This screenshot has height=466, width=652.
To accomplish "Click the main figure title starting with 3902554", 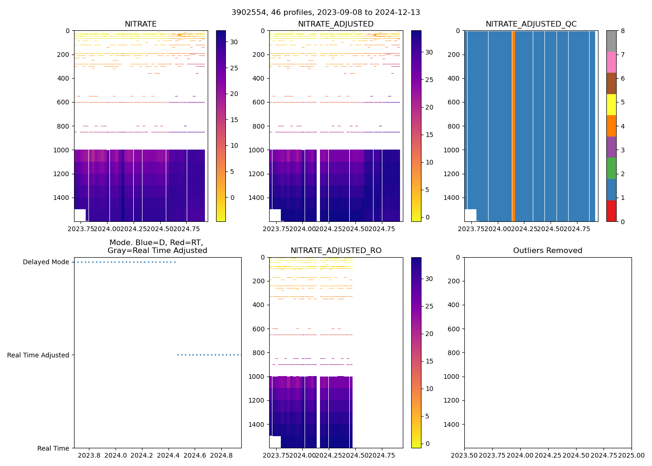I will click(x=326, y=12).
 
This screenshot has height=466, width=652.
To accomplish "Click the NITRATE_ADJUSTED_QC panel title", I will click(x=531, y=24).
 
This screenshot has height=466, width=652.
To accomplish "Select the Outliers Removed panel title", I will click(x=548, y=251).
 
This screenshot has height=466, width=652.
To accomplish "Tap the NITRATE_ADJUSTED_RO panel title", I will click(x=336, y=251).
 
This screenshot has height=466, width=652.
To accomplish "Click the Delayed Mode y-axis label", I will click(x=46, y=262).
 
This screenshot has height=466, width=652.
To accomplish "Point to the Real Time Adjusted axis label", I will click(x=38, y=355).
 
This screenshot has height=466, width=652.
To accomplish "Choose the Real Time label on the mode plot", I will click(x=53, y=448).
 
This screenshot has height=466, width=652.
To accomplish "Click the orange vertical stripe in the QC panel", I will click(x=513, y=126).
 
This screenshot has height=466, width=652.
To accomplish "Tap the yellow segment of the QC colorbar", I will click(x=611, y=104).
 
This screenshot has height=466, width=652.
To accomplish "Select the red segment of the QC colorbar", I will click(x=611, y=211).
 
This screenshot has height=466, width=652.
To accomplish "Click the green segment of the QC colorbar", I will click(x=611, y=168).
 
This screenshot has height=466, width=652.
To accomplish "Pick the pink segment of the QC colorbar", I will click(x=611, y=62).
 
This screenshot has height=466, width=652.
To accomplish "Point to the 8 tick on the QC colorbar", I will click(x=623, y=31).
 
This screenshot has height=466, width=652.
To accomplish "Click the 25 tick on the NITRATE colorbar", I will click(x=234, y=68).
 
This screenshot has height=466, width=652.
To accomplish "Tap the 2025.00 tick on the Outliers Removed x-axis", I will click(x=632, y=455).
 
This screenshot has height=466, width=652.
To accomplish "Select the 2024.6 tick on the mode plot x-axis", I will click(x=195, y=455).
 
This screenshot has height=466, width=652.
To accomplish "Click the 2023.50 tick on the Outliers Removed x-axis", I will click(x=464, y=455).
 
